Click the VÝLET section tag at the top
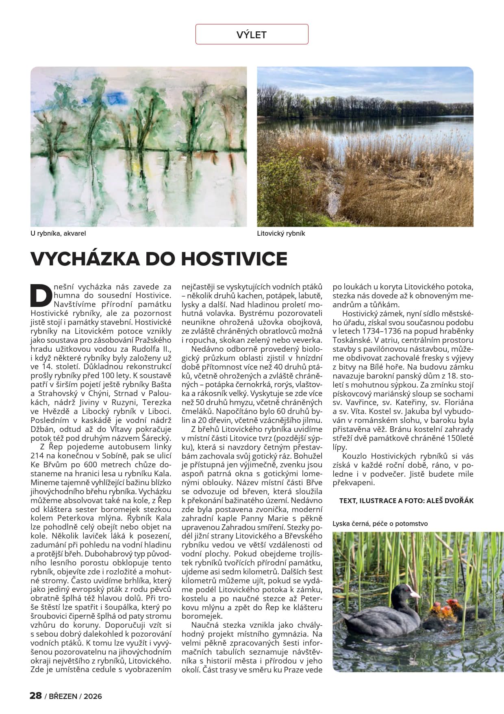click(x=252, y=35)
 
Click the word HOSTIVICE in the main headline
click(x=234, y=258)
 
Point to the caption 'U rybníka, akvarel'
click(x=58, y=234)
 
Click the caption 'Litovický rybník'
click(x=281, y=234)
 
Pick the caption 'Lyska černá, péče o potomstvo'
click(x=380, y=523)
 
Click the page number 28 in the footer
click(x=36, y=696)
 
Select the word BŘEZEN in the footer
click(x=63, y=696)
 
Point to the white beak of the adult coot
click(x=415, y=595)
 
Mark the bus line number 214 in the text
click(x=37, y=456)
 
